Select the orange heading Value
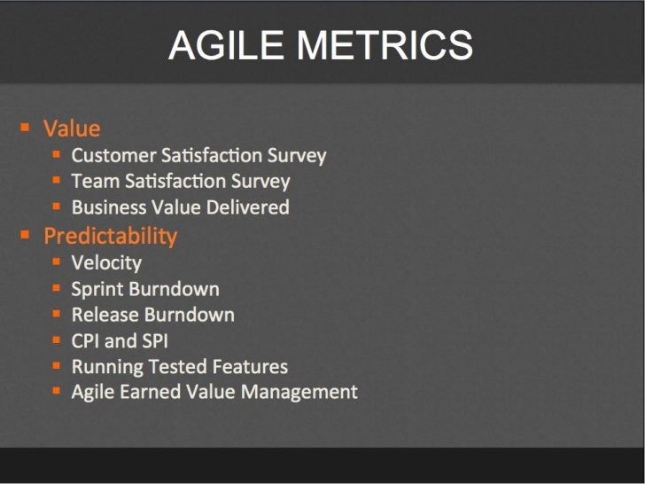[x=72, y=129]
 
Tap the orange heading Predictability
[x=111, y=236]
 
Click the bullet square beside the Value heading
[x=26, y=127]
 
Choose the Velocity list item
[x=106, y=262]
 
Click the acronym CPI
[x=87, y=341]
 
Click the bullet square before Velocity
[x=56, y=262]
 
